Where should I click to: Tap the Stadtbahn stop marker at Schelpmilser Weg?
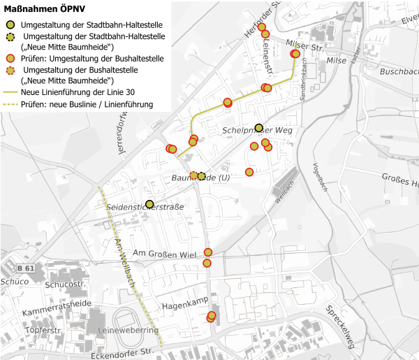tap(259, 128)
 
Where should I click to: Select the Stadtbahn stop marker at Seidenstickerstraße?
tap(149, 203)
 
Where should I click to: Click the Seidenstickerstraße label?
tap(145, 208)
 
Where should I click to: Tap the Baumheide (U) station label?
tap(200, 178)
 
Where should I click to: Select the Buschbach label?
tap(399, 72)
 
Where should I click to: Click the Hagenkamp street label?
tap(186, 306)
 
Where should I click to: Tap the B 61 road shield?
tap(26, 268)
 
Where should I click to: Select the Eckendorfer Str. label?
tap(122, 354)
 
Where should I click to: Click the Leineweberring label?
tap(129, 330)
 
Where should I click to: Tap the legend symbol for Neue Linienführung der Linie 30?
tap(10, 91)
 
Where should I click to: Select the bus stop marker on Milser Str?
tap(295, 54)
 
